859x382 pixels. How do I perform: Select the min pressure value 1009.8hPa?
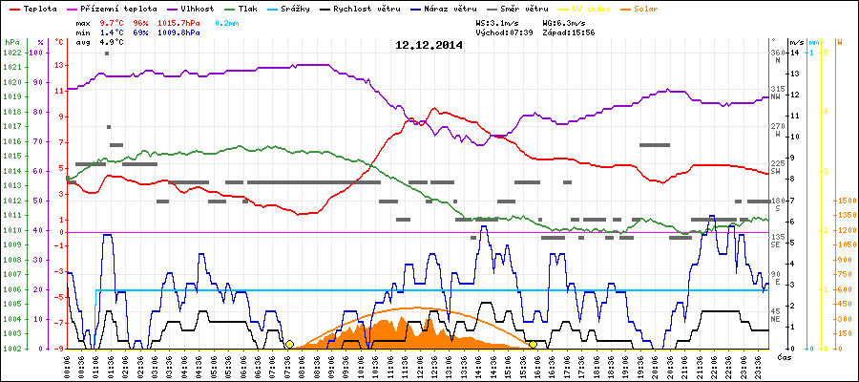coord(196,32)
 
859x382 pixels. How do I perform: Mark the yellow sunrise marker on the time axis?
coord(289,344)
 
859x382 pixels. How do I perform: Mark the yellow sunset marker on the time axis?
coord(533,344)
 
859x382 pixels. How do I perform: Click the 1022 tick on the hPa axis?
coord(11,53)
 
